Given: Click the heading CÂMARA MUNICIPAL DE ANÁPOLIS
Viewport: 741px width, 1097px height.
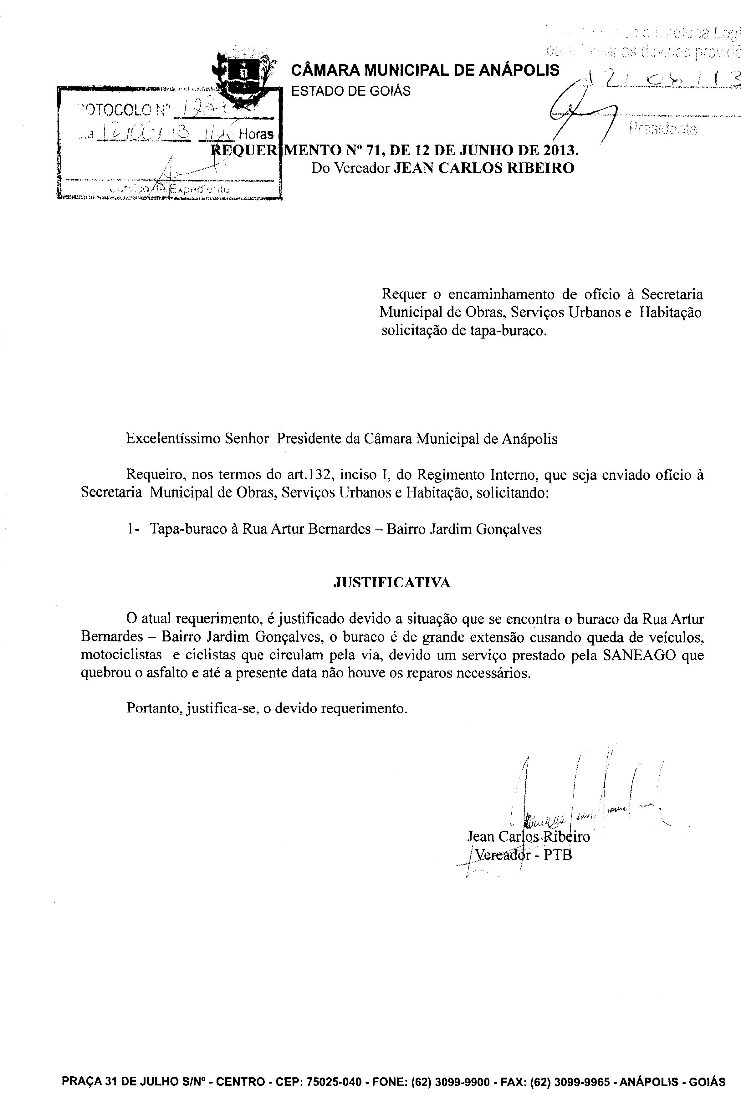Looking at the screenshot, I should point(425,71).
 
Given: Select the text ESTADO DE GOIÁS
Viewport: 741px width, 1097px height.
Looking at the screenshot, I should point(351,91).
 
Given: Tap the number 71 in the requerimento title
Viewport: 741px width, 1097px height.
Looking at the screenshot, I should point(373,151).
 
